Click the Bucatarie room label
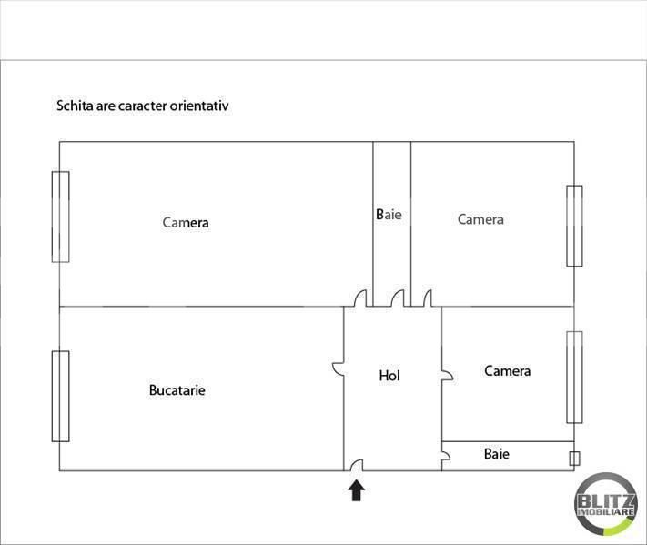click(177, 390)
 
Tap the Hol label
click(389, 375)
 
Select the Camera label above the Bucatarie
click(186, 223)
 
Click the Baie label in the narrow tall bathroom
click(389, 215)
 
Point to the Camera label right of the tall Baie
click(480, 219)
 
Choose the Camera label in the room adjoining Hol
click(507, 371)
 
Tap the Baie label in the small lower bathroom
click(496, 453)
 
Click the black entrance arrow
click(357, 490)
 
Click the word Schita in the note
click(74, 106)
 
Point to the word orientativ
click(198, 106)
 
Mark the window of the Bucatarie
click(61, 396)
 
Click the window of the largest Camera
click(61, 217)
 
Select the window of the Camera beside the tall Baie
click(574, 226)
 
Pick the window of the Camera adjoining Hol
click(574, 377)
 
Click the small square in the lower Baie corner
click(573, 458)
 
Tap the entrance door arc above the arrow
click(357, 465)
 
